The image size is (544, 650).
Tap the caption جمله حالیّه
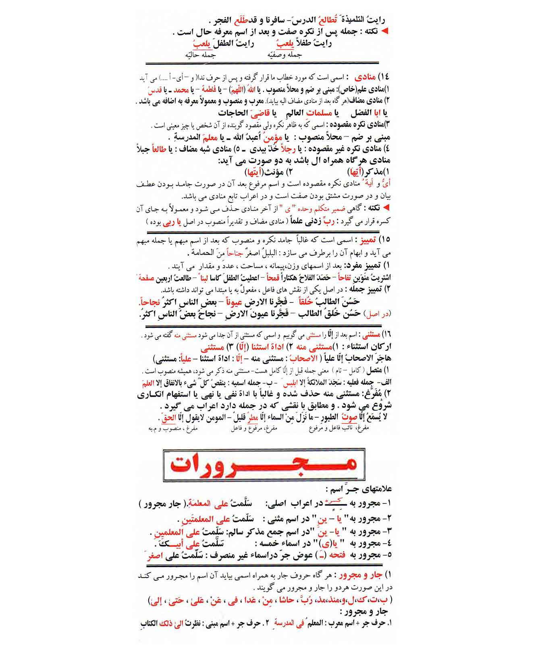click(x=200, y=55)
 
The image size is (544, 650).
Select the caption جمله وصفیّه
click(x=285, y=55)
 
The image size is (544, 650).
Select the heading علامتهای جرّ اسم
click(x=358, y=489)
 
